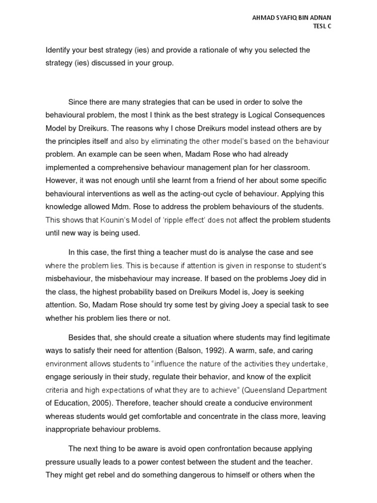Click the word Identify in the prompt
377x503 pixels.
(58, 50)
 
